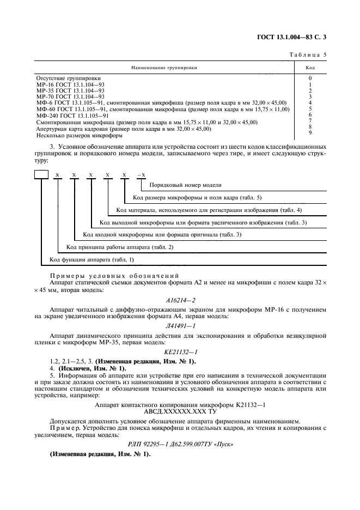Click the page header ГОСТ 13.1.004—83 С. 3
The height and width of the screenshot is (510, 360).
point(295,37)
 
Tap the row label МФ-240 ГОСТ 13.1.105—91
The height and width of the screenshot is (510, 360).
point(72,116)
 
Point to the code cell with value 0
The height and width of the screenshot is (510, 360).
point(310,79)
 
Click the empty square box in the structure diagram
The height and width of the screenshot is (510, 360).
point(41,175)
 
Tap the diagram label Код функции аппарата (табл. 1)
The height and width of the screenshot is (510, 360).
point(91,259)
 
